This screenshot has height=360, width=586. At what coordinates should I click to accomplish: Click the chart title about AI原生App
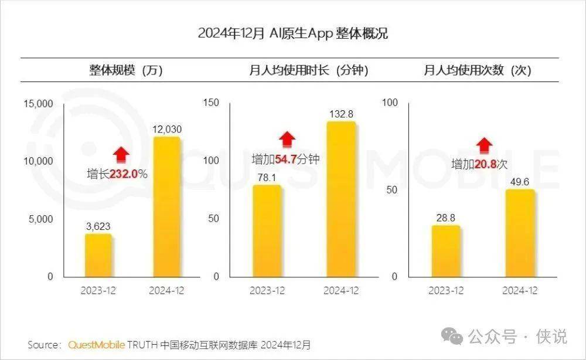pos(292,33)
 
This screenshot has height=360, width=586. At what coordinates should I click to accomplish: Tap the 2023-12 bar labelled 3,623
pos(98,256)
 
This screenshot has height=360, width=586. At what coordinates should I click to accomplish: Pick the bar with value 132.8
pos(341,199)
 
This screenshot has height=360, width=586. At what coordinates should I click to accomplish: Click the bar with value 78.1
pos(267,231)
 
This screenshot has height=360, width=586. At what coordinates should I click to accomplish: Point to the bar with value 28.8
pos(446,251)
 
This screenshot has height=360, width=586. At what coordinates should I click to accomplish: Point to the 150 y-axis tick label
pos(210,103)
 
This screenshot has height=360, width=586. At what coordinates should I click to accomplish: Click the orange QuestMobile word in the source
pos(96,344)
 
